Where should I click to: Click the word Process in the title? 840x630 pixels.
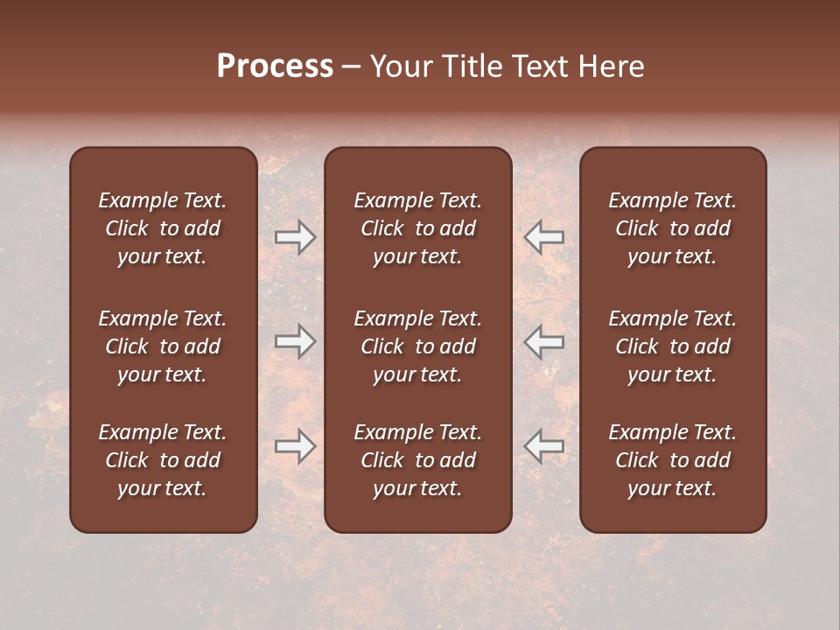[x=275, y=66]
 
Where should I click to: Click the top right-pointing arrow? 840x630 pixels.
[x=295, y=237]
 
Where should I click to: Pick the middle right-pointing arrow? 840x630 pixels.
[x=295, y=341]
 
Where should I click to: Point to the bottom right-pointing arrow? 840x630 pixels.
[x=295, y=446]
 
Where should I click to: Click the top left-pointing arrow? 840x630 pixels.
[x=544, y=237]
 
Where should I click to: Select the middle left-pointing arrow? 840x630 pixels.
[x=544, y=341]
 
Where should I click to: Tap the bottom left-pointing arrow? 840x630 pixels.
[x=544, y=446]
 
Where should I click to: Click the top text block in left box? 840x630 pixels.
[x=162, y=228]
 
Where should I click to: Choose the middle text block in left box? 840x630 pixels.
[x=162, y=346]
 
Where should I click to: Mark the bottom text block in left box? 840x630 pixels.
[x=162, y=460]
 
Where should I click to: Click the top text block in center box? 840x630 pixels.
[x=417, y=228]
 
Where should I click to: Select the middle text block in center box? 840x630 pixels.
[x=417, y=346]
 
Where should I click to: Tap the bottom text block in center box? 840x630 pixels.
[x=417, y=460]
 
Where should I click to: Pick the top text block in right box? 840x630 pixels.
[x=672, y=228]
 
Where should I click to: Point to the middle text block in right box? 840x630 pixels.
[x=672, y=346]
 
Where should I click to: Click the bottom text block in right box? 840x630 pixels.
[x=672, y=460]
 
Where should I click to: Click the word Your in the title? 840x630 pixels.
[x=401, y=66]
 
